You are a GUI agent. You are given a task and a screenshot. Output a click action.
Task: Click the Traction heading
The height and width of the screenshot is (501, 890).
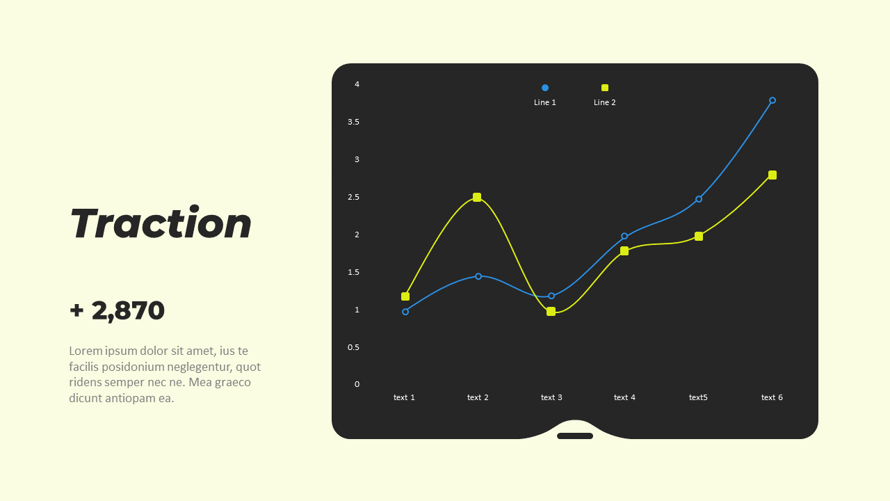click(161, 224)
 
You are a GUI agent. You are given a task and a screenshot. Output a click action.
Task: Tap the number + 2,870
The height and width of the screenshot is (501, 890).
click(118, 310)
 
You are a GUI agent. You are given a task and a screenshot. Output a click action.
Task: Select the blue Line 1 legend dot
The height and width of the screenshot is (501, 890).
click(545, 88)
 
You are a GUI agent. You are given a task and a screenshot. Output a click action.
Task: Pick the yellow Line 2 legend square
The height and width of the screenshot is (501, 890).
click(605, 88)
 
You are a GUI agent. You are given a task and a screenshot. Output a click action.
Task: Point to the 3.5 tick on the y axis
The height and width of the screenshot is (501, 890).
click(354, 122)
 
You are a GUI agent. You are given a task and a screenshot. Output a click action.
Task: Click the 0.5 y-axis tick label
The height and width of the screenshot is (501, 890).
click(354, 347)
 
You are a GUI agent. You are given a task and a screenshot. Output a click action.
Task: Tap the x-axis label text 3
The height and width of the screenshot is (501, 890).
click(551, 398)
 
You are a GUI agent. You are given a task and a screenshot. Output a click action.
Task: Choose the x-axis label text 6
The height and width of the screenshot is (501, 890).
click(772, 398)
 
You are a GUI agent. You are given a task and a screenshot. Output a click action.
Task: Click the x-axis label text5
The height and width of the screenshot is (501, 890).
click(698, 398)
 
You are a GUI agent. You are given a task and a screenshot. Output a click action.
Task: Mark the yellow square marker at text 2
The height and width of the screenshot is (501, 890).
click(477, 198)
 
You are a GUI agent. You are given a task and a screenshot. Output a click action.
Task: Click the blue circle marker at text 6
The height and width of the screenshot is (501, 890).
click(772, 100)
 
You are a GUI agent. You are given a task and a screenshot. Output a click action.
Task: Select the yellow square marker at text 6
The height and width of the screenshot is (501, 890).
click(772, 175)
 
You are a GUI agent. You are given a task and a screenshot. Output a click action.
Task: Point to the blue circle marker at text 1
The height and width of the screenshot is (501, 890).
click(405, 312)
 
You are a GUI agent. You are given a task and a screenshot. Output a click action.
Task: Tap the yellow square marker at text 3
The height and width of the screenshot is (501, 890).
click(551, 312)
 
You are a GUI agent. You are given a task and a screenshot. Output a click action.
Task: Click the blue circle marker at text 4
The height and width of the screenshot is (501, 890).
click(624, 237)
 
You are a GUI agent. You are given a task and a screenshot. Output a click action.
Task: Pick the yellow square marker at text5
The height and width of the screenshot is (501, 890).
click(699, 237)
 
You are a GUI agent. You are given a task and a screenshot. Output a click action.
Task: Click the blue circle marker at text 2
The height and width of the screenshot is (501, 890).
click(478, 276)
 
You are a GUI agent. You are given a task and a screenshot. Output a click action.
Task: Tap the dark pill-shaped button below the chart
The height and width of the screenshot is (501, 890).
click(575, 436)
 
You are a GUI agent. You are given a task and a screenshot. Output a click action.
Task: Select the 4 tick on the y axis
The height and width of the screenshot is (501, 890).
click(357, 85)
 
